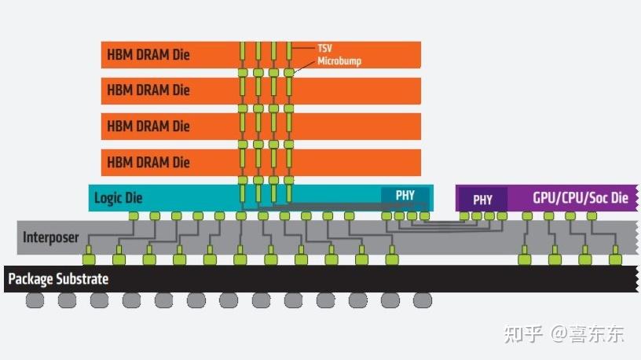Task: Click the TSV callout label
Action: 324,48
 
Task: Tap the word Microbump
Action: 339,61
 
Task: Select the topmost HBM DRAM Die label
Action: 148,54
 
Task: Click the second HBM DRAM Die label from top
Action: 148,90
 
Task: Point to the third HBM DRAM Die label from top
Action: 148,126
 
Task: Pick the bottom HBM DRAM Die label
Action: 148,163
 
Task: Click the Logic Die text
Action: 119,197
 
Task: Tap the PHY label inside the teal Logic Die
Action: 405,196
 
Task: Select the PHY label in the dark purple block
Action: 482,200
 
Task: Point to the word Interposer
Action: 51,237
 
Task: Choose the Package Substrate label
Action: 58,279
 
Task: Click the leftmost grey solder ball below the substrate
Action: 35,299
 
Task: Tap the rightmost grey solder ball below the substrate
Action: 423,299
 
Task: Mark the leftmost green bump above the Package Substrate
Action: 89,259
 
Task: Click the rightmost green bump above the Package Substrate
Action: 614,259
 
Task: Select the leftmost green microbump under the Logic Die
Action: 134,215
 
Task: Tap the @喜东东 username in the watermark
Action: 587,333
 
